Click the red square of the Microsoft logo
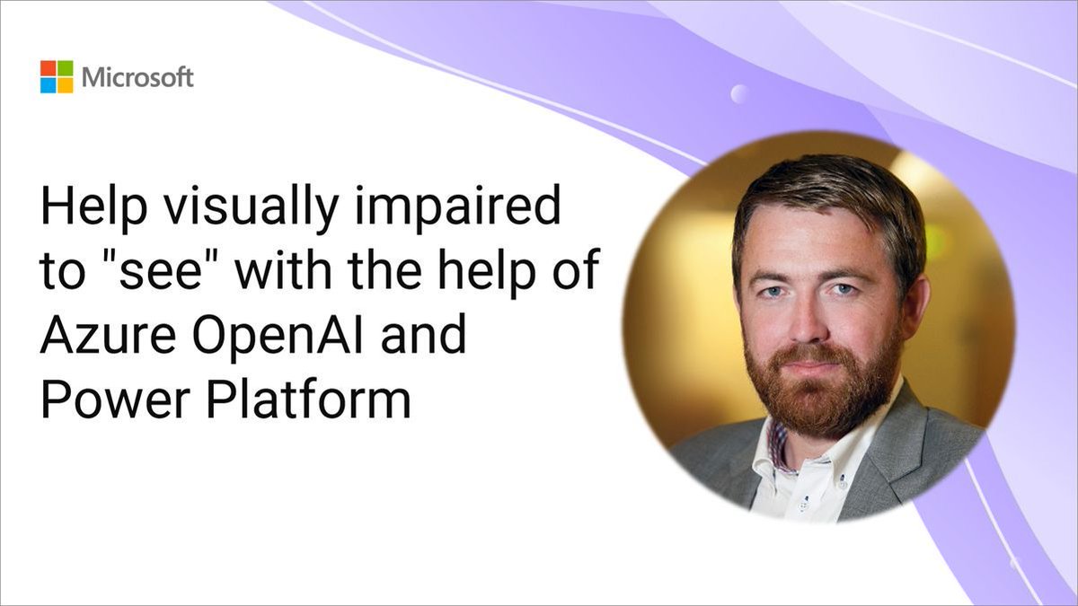(x=48, y=68)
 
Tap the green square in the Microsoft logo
(x=65, y=68)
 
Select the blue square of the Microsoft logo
(x=48, y=85)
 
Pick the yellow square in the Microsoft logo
(x=65, y=85)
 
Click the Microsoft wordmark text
(x=137, y=77)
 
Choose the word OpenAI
(x=284, y=338)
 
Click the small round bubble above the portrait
(x=739, y=93)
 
